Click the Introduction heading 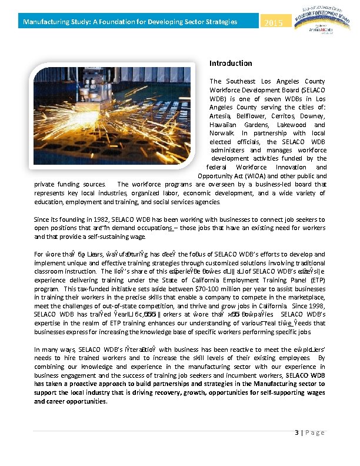click(231, 63)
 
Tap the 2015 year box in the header click(274, 23)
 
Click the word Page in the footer click(315, 432)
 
